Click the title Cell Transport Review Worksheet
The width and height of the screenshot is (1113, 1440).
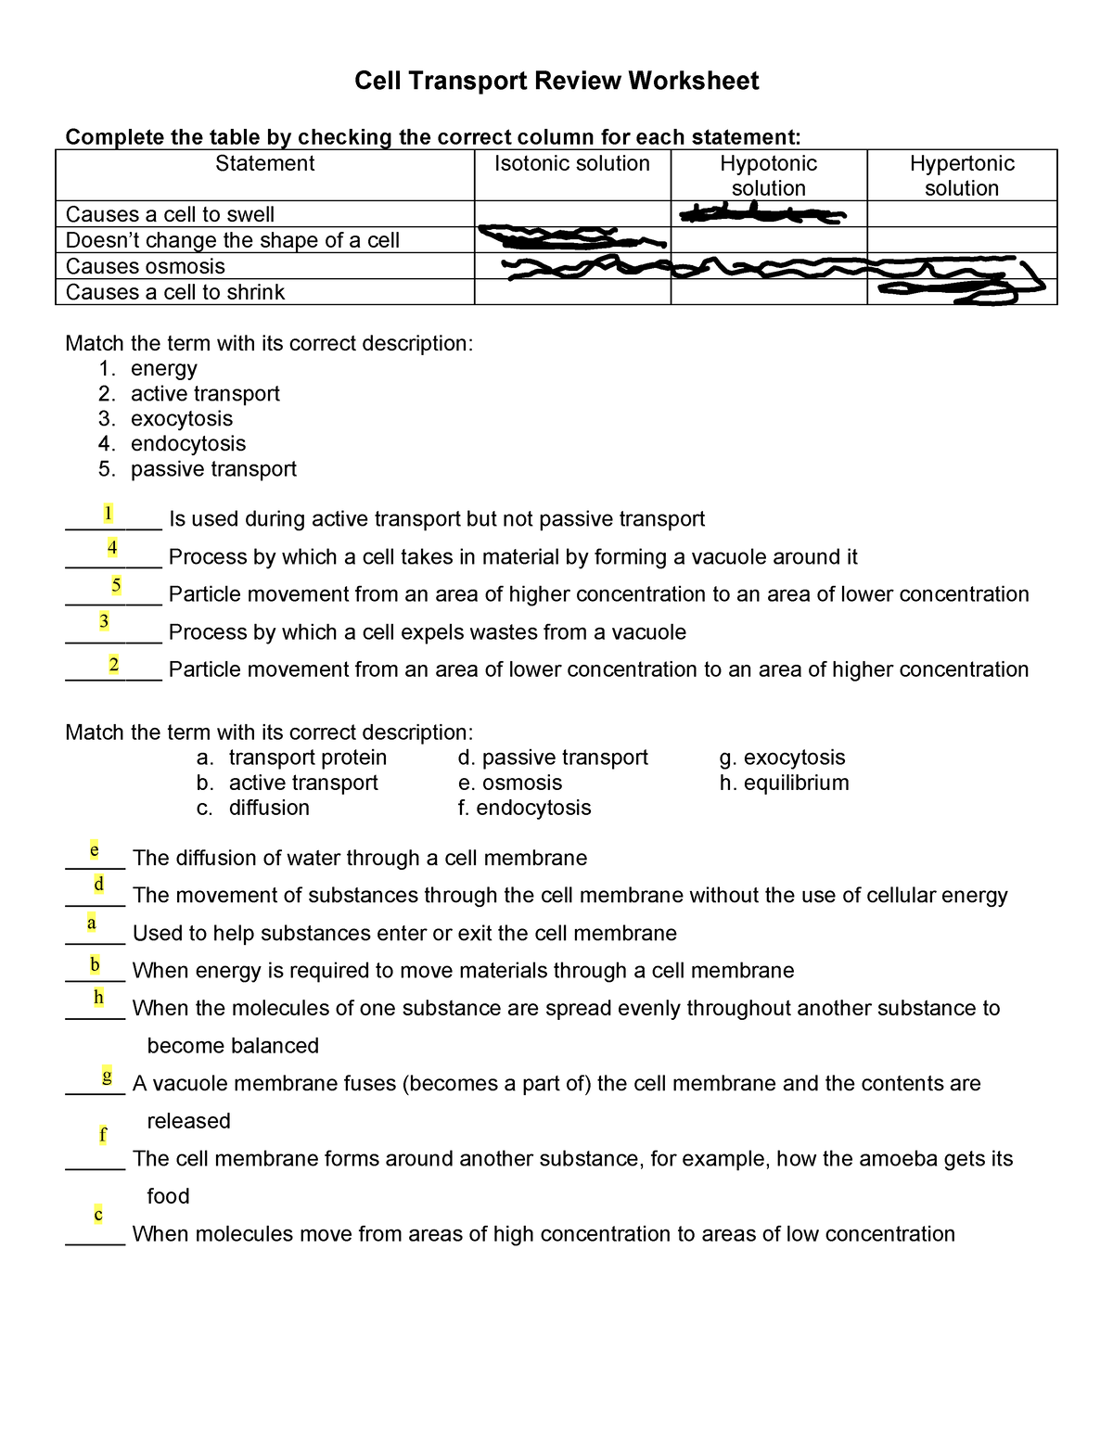click(x=556, y=82)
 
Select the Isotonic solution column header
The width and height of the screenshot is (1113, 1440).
click(x=572, y=164)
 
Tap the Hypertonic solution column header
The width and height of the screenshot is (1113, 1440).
click(x=962, y=175)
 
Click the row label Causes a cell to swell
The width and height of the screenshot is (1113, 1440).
click(x=170, y=214)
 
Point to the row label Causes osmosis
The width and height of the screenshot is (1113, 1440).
click(x=146, y=266)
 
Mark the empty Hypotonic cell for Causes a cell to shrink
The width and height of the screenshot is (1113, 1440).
click(x=768, y=292)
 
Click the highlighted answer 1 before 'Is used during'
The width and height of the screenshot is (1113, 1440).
click(x=109, y=513)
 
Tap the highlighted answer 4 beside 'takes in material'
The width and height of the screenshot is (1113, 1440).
click(x=112, y=547)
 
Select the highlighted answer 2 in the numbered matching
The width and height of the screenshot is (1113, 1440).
click(x=113, y=664)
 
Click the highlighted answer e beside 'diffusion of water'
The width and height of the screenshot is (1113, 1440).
click(x=94, y=849)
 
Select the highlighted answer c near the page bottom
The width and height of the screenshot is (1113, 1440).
click(x=98, y=1214)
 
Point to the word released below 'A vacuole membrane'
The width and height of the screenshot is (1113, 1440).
click(x=188, y=1121)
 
